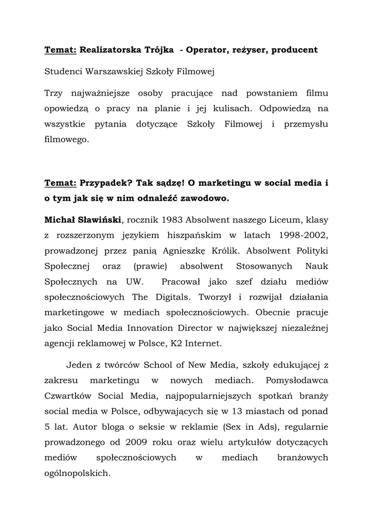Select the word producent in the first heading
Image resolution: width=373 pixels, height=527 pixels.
click(x=294, y=50)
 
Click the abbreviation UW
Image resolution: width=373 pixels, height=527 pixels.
click(x=132, y=282)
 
